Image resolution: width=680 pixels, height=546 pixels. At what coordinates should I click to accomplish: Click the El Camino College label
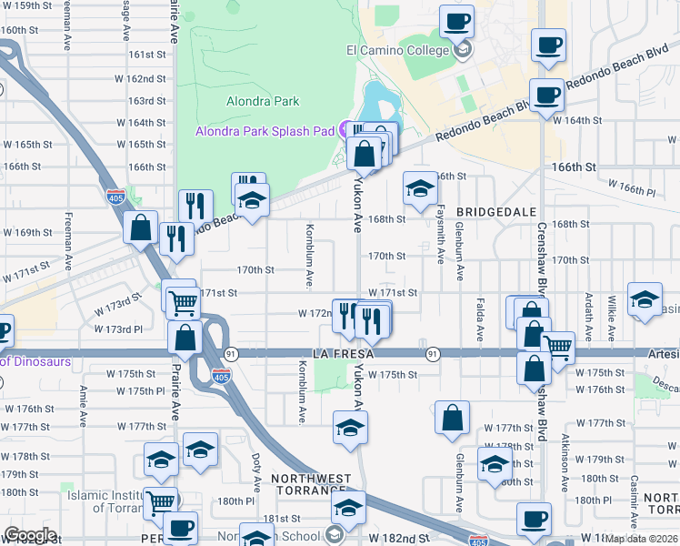397,50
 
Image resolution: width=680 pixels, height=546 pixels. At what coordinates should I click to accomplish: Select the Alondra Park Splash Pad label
265,131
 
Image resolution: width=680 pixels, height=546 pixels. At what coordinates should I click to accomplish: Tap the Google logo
30,535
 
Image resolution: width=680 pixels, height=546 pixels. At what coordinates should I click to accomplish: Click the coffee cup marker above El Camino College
457,22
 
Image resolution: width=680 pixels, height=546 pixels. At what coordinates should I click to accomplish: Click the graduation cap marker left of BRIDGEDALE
419,188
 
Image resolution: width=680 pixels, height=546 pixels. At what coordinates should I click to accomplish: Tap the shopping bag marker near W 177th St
452,419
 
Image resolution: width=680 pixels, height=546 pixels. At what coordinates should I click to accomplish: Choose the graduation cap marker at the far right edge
645,302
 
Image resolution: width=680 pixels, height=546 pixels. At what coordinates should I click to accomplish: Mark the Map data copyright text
642,538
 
